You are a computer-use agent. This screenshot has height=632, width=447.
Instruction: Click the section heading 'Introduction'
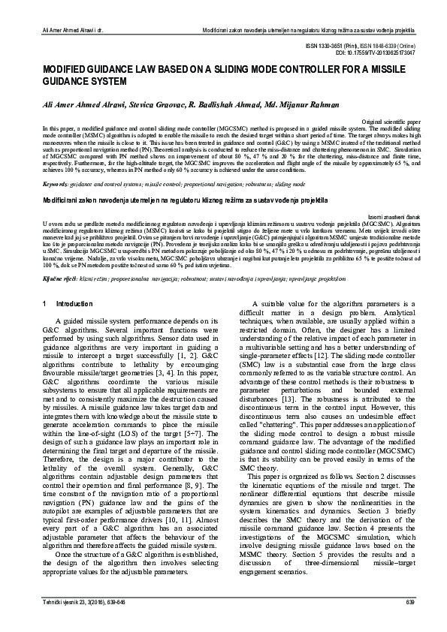[x=74, y=303]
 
